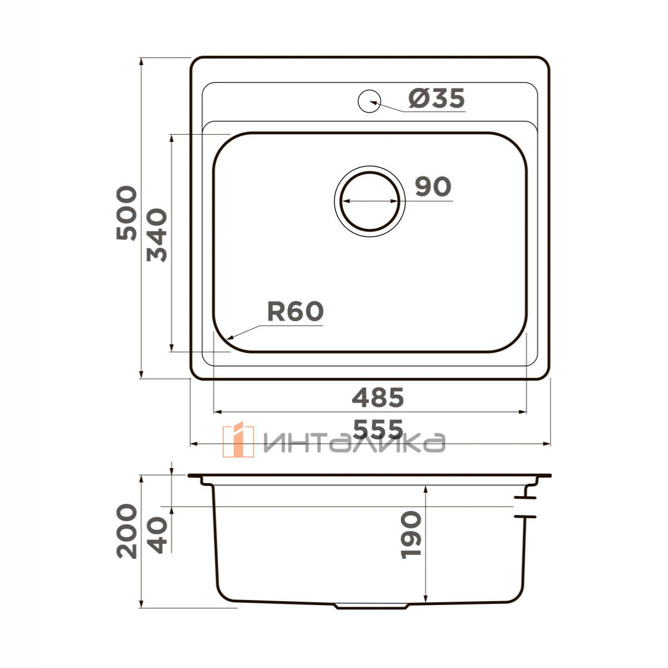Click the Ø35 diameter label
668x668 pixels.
(436, 98)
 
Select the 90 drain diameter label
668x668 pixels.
(433, 186)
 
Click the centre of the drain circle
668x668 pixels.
(370, 201)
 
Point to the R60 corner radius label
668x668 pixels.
(296, 311)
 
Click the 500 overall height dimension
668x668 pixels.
(126, 213)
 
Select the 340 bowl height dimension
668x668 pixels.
(156, 235)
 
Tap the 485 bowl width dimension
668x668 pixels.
(378, 397)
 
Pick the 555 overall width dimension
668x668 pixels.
(378, 429)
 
